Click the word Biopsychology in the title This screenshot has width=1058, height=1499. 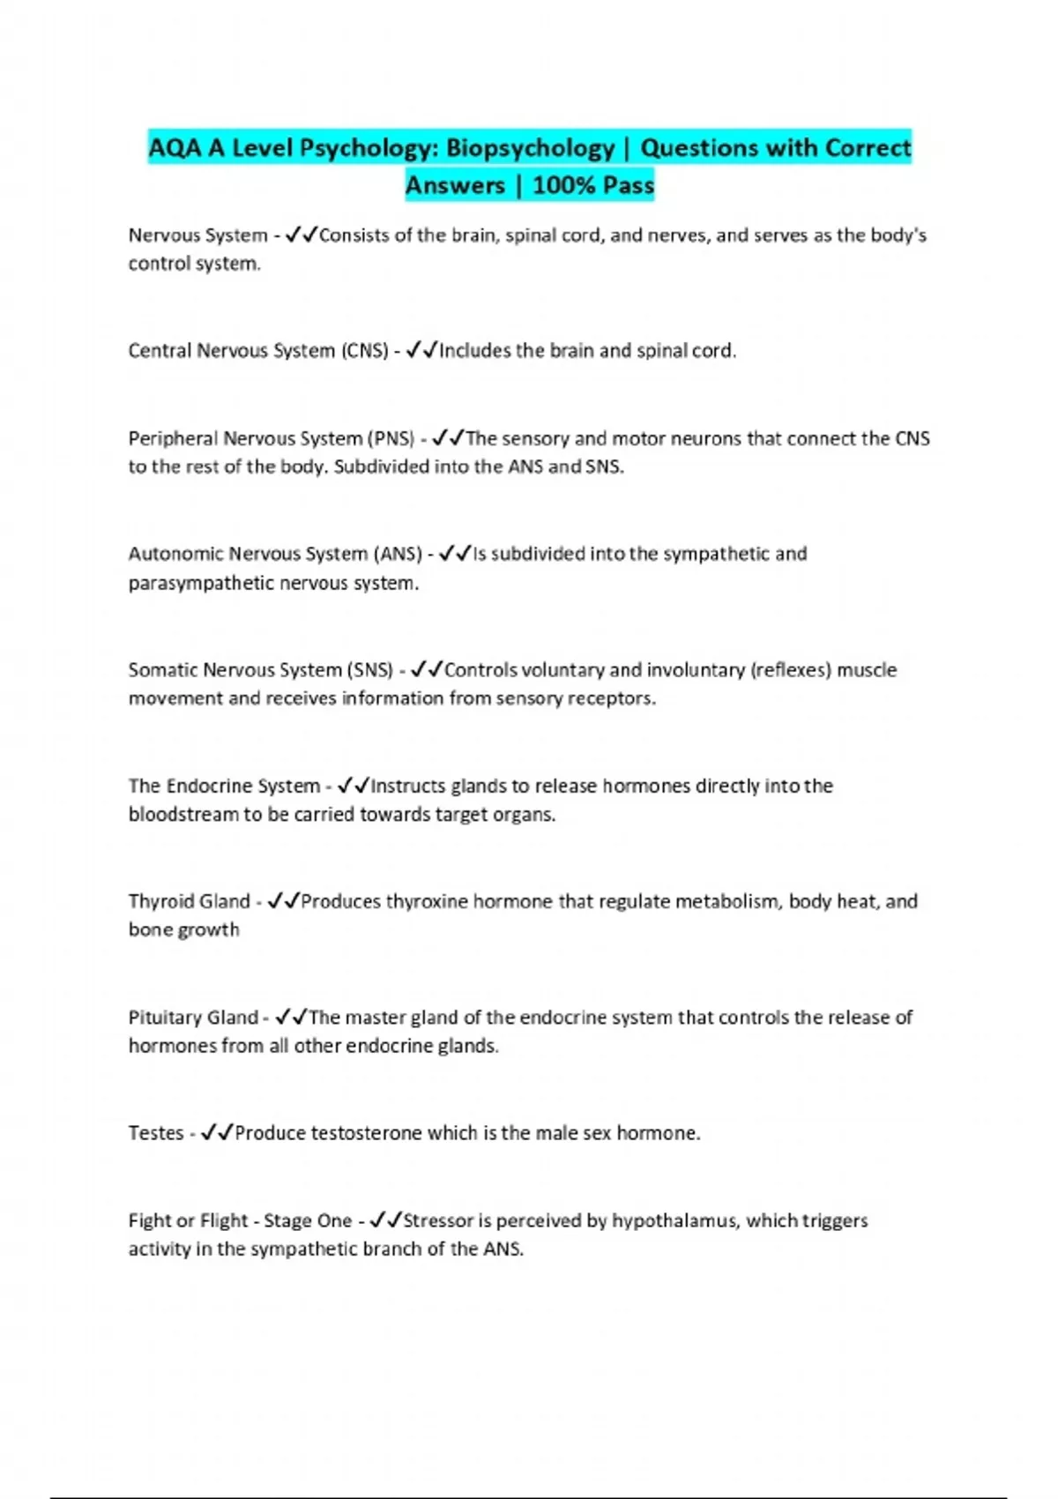click(x=530, y=148)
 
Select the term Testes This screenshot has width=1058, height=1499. click(x=156, y=1133)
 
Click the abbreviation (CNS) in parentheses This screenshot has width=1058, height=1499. click(x=364, y=351)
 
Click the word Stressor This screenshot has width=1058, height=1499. click(x=438, y=1221)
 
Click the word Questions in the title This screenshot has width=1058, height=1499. click(x=706, y=148)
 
